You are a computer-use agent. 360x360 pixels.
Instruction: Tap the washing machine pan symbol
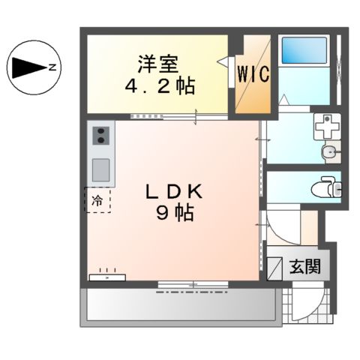tap(326, 128)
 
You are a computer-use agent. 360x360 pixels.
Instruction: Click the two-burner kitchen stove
tap(100, 136)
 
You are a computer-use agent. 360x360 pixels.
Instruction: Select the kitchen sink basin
tap(100, 166)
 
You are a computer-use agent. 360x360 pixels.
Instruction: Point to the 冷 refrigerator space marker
tap(97, 200)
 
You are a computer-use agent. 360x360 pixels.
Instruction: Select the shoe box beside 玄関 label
tap(275, 265)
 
